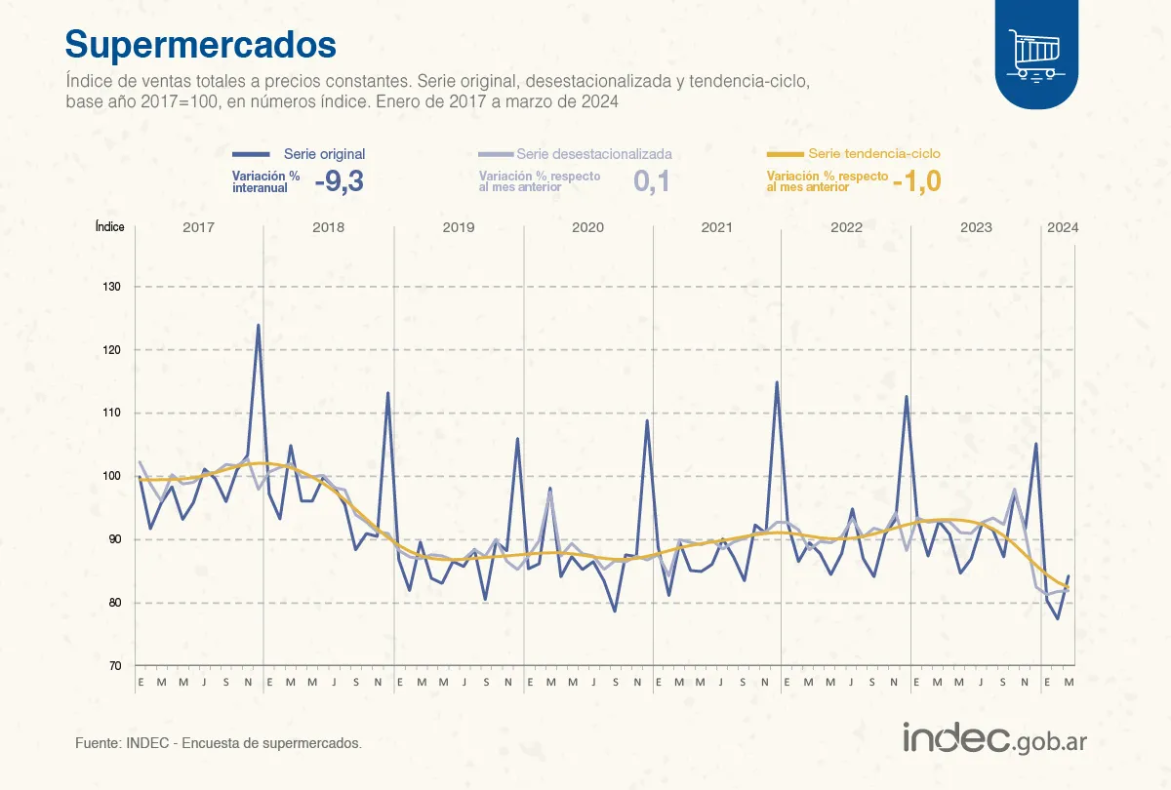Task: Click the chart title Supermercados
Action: click(x=200, y=44)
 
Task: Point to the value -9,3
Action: click(x=339, y=181)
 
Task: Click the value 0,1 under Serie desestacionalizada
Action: click(x=652, y=181)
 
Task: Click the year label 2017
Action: click(x=198, y=227)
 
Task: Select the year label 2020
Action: click(x=587, y=227)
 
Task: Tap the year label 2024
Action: click(x=1062, y=227)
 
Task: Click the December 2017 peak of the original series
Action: click(x=258, y=326)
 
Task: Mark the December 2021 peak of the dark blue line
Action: click(x=777, y=382)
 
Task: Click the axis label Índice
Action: click(x=109, y=226)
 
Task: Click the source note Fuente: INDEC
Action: click(x=218, y=743)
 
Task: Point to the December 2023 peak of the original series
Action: click(x=1036, y=445)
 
